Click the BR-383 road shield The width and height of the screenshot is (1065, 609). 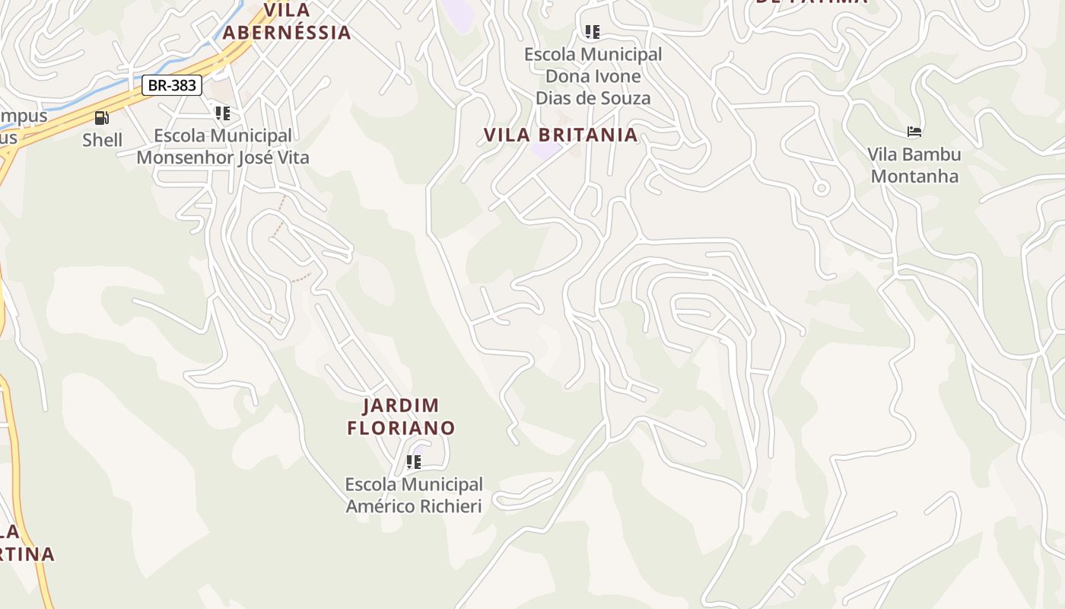(x=172, y=85)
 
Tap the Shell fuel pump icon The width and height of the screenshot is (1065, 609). (x=102, y=118)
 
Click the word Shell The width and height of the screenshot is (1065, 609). (x=102, y=140)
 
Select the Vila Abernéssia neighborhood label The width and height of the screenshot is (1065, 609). (x=287, y=21)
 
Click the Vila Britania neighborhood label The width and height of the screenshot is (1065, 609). (x=561, y=135)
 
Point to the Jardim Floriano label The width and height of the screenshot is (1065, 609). (x=401, y=416)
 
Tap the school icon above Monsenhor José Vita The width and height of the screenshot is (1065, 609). (x=222, y=113)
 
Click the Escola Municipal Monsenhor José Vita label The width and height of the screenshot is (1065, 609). (x=223, y=146)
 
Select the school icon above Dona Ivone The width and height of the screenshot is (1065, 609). (x=592, y=32)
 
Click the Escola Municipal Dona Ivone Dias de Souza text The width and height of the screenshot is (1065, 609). (x=593, y=76)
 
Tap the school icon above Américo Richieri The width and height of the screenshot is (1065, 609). (x=414, y=462)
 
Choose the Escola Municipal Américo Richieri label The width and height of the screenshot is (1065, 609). (x=414, y=495)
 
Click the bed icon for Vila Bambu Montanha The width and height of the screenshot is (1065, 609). (x=914, y=132)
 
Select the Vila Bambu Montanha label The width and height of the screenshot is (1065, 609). (x=915, y=165)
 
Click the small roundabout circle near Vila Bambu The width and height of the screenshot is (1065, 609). (x=821, y=187)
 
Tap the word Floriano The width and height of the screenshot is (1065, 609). (x=401, y=428)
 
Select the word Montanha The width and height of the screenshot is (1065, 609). (x=915, y=177)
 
